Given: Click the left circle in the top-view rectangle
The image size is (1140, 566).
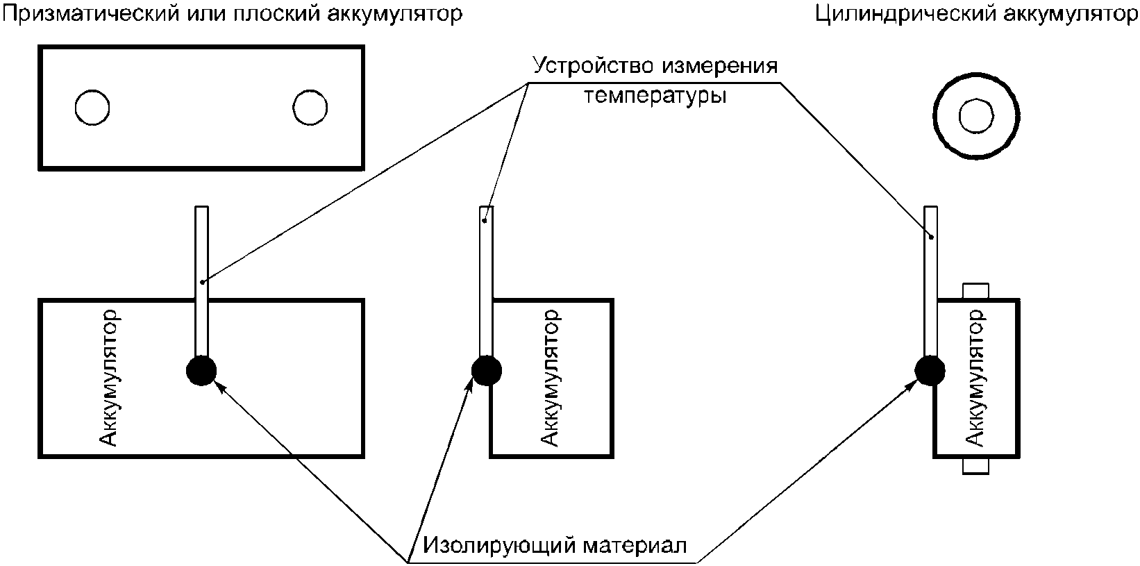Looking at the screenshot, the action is click(x=92, y=108).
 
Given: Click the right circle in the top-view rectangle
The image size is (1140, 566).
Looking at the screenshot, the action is click(x=310, y=108).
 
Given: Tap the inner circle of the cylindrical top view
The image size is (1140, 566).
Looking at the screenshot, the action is click(x=976, y=116).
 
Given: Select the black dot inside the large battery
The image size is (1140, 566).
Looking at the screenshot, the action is click(x=201, y=371).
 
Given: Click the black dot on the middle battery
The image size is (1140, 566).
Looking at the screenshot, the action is click(x=487, y=371).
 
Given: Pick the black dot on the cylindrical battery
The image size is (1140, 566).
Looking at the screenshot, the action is click(x=930, y=371).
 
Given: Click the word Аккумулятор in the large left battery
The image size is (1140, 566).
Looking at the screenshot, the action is click(x=110, y=378).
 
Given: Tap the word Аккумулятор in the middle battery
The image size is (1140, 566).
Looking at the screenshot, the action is click(x=549, y=378).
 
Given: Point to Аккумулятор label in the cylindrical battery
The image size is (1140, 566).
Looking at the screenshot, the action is click(x=975, y=378).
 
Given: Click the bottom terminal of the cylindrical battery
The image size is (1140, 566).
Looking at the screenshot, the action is click(x=975, y=466).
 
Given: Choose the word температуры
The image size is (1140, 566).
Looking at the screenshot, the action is click(x=655, y=95).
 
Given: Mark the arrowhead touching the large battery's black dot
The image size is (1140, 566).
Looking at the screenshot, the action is click(x=218, y=388).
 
